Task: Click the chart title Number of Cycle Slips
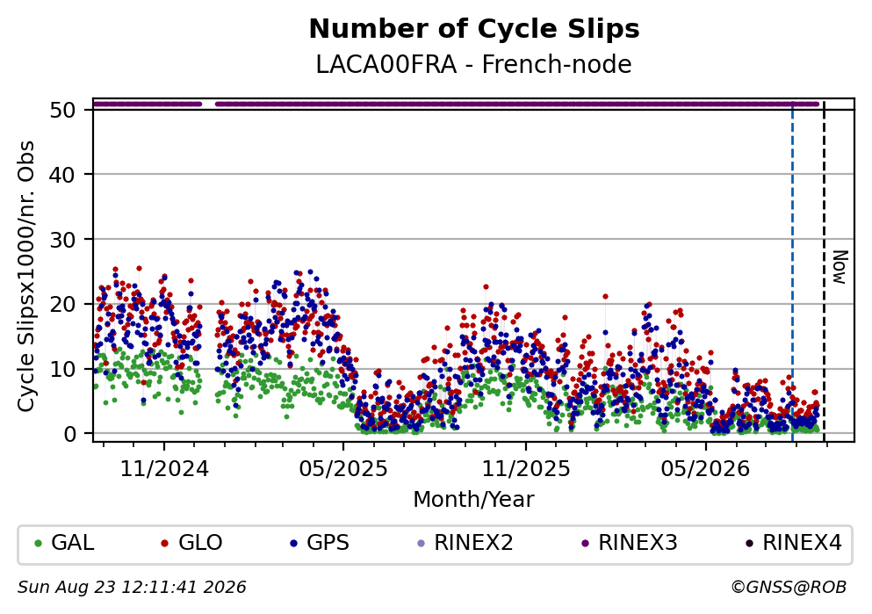[474, 30]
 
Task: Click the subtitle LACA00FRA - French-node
[474, 64]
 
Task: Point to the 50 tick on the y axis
[63, 110]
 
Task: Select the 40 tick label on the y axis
[63, 175]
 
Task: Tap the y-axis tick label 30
[63, 240]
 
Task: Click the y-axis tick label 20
[63, 304]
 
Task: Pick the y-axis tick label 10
[63, 369]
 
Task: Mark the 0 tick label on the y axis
[70, 434]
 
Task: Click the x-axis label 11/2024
[164, 469]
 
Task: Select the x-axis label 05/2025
[343, 469]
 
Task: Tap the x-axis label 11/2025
[525, 469]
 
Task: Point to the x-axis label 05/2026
[705, 469]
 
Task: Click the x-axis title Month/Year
[474, 500]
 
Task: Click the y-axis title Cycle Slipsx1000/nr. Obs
[26, 277]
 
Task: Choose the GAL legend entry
[64, 542]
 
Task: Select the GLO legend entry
[191, 542]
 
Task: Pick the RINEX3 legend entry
[630, 542]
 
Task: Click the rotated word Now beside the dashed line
[840, 268]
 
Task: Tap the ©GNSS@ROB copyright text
[789, 588]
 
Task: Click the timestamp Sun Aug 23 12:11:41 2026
[132, 588]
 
